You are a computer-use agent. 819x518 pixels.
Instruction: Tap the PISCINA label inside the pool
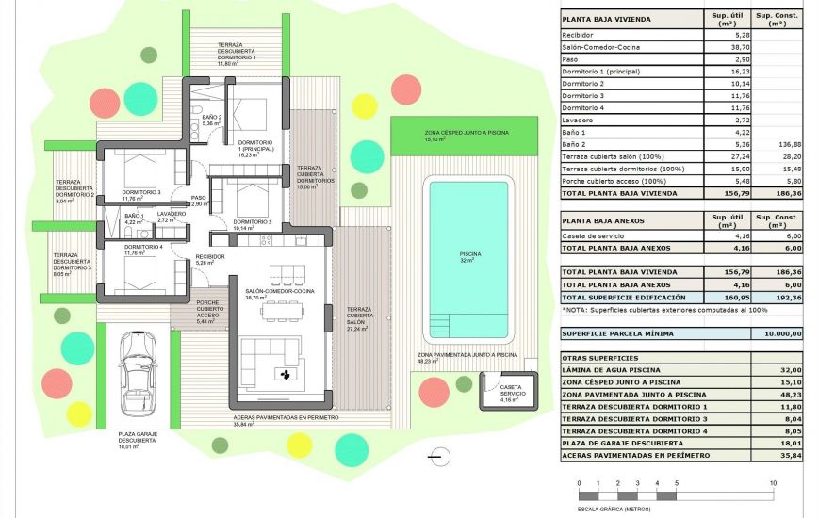coord(468,254)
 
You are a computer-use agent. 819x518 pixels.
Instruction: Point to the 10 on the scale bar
coord(773,483)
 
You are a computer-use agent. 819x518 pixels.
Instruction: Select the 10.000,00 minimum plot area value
coord(776,333)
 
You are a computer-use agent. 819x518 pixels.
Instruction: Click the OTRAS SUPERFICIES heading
coord(600,358)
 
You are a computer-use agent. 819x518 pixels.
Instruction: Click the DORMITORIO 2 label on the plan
coord(252,221)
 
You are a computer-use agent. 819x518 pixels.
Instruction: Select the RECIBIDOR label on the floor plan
coord(209,257)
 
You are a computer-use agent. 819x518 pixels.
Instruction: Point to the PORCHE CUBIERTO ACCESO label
coord(209,310)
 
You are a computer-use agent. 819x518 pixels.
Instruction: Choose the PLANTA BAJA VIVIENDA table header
coord(607,18)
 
